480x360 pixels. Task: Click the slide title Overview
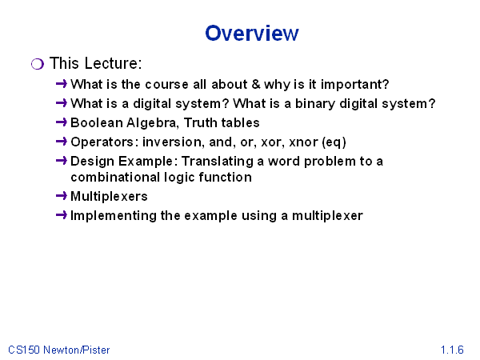252,33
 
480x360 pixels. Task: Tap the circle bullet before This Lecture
38,64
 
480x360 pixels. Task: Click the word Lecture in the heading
113,63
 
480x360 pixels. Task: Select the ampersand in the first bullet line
256,84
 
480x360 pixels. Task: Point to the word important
354,85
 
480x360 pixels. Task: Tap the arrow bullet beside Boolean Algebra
62,122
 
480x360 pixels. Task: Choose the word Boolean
97,122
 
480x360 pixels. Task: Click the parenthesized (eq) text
334,142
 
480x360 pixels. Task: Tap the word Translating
218,162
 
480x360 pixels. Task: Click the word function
225,178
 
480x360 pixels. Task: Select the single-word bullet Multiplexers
109,197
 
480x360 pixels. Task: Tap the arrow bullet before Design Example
62,161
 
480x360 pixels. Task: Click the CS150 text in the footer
24,350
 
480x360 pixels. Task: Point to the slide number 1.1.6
452,350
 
